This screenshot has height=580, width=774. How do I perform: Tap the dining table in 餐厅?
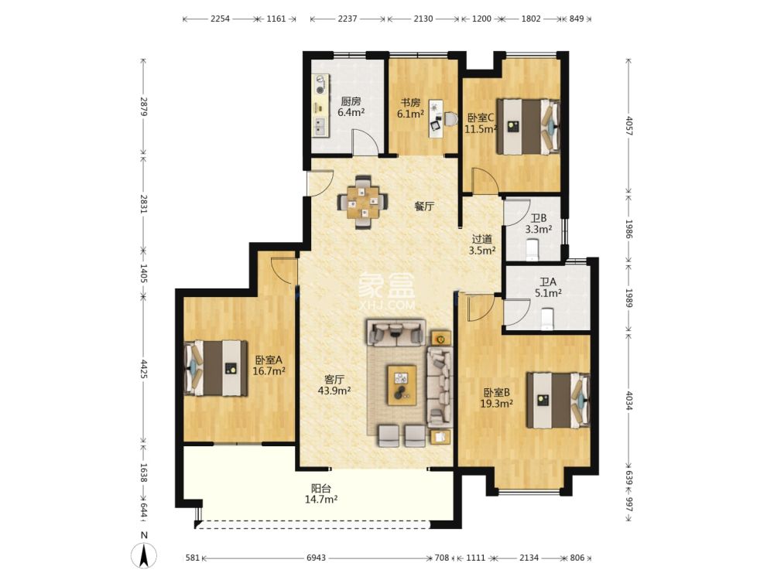(x=363, y=202)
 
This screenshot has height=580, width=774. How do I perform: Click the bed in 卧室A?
(x=216, y=368)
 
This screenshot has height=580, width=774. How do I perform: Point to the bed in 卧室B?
(x=559, y=400)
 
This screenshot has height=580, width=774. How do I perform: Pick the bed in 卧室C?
(x=528, y=127)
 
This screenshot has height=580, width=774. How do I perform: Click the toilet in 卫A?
(x=547, y=319)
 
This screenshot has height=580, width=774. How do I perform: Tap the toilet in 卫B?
(x=533, y=250)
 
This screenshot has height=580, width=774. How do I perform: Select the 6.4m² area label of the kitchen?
(x=351, y=112)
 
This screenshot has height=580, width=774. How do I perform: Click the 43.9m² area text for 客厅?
(x=334, y=391)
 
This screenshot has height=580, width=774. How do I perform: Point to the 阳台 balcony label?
(x=321, y=488)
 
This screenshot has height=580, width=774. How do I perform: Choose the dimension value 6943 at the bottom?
(x=316, y=558)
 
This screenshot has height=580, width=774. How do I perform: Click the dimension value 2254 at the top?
(x=220, y=19)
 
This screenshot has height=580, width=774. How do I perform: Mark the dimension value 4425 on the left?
(x=144, y=369)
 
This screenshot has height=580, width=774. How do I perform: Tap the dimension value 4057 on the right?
(x=628, y=126)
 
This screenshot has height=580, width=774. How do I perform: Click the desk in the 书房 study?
(x=436, y=119)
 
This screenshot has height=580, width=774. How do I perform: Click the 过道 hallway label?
(x=481, y=239)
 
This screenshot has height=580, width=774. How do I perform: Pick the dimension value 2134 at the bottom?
(x=529, y=558)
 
